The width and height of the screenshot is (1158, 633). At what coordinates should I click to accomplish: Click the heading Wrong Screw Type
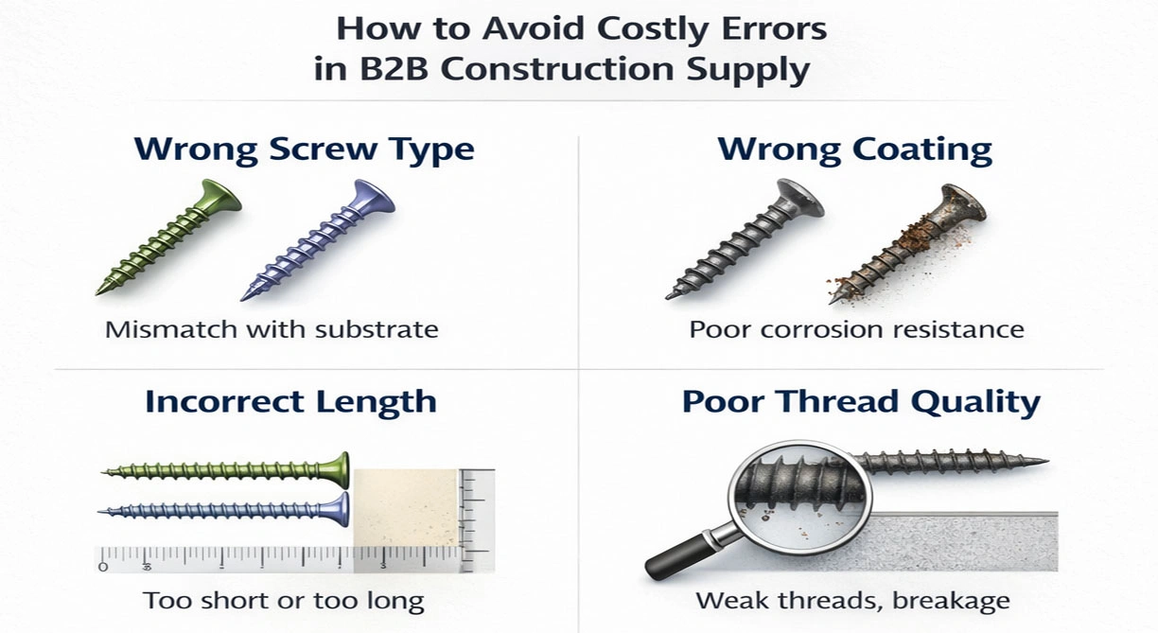304,149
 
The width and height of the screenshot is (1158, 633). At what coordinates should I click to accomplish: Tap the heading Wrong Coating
854,149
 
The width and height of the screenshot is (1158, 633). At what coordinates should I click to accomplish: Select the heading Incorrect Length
290,401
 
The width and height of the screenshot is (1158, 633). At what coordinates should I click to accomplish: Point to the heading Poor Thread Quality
860,401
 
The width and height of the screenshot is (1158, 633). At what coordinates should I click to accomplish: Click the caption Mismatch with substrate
272,330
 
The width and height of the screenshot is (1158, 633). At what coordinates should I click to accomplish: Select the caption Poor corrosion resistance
856,330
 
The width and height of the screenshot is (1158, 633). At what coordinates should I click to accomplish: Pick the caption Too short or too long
283,601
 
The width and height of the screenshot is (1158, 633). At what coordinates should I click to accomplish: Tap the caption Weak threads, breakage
851,601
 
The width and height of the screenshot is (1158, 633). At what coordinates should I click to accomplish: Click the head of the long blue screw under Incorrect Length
341,509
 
